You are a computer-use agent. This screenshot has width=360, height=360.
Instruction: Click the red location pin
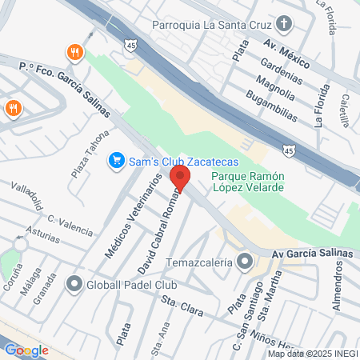tap(181, 179)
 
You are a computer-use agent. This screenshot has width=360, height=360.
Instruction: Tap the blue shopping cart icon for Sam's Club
tap(116, 161)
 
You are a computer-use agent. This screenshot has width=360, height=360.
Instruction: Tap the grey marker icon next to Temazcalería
tap(244, 262)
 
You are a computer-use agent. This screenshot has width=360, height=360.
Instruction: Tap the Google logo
tap(26, 350)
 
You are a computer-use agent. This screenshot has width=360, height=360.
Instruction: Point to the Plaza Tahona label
tap(86, 152)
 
